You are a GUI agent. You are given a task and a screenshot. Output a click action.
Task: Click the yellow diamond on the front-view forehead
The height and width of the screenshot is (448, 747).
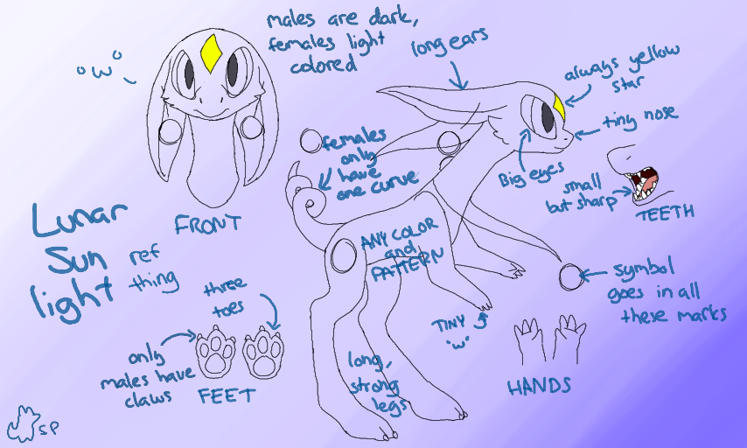tap(210, 53)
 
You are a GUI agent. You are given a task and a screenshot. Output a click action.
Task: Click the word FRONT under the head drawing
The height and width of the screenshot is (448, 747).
tap(208, 224)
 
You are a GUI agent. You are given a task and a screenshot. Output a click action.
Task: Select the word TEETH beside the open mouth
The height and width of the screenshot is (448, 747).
tap(667, 211)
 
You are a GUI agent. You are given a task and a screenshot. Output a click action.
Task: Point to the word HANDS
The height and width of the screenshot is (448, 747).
tap(539, 385)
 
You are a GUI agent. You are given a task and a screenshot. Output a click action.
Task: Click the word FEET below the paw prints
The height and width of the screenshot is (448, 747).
tap(226, 395)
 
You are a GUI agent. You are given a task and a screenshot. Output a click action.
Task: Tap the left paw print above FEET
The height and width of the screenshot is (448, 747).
tap(217, 350)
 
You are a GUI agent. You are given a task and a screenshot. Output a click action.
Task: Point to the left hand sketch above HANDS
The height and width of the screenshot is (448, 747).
tap(527, 341)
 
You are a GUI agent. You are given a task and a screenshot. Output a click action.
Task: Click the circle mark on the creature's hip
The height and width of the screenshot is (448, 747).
tap(343, 255)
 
